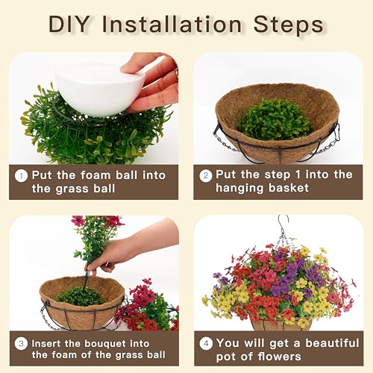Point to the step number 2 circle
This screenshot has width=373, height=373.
point(205,176)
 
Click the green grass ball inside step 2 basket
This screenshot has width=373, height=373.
point(274,119)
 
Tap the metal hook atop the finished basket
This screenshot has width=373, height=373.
point(281,225)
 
